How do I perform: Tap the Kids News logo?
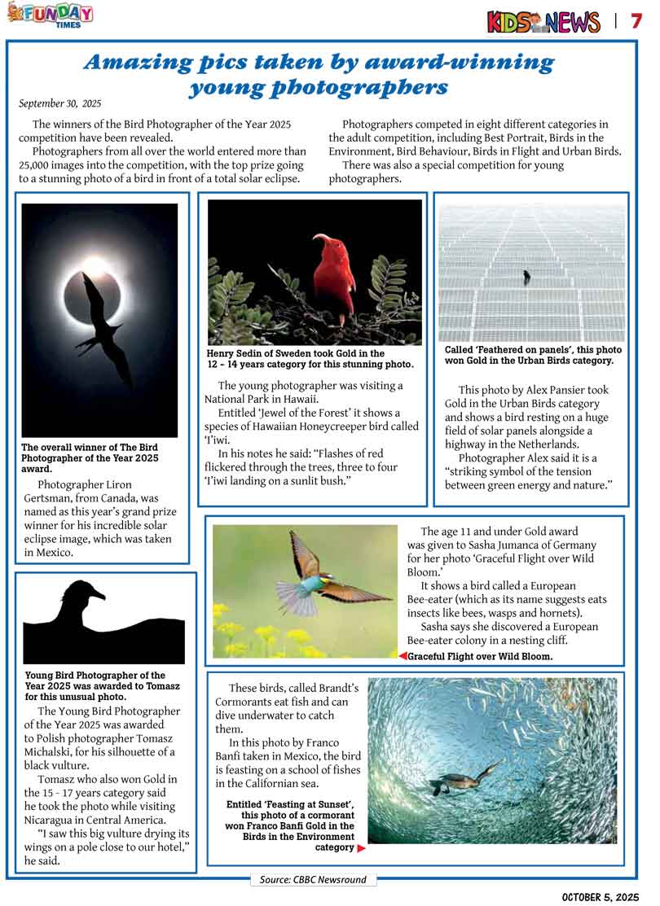click(x=543, y=22)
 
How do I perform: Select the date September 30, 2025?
click(x=59, y=103)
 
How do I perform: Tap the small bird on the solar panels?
click(x=526, y=277)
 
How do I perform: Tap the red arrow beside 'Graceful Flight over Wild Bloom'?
click(x=403, y=656)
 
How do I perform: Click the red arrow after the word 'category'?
click(x=361, y=848)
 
